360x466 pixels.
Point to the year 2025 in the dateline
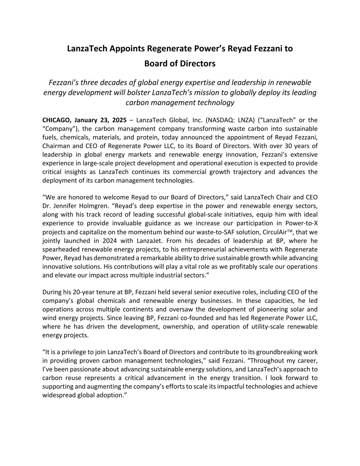click(x=119, y=120)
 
